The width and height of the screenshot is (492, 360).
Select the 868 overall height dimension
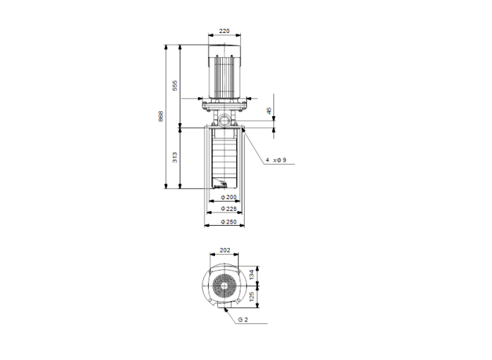click(x=161, y=117)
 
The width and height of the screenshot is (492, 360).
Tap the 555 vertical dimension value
click(x=176, y=86)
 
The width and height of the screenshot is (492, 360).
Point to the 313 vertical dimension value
click(x=176, y=157)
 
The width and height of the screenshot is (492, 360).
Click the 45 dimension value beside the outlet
click(x=268, y=111)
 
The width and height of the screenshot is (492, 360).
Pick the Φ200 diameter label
click(x=227, y=198)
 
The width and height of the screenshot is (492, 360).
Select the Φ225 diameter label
click(x=227, y=210)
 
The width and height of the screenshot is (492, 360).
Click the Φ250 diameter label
click(x=227, y=222)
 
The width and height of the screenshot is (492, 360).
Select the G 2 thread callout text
click(x=243, y=319)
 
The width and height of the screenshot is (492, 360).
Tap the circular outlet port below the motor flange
click(x=224, y=120)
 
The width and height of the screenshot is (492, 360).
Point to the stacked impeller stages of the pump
click(x=225, y=158)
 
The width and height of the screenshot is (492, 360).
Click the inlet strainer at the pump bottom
click(x=220, y=186)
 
